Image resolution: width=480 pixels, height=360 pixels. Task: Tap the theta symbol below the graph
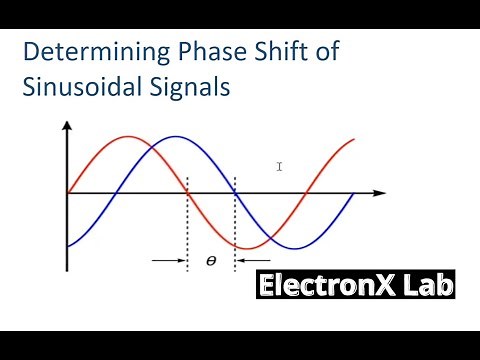coord(211,261)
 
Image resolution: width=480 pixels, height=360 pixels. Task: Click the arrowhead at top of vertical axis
coord(67,127)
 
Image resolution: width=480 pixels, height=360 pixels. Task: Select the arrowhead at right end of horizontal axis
coord(381,192)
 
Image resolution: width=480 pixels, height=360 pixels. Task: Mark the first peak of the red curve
coord(127,136)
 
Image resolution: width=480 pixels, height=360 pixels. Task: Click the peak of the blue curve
coord(174,136)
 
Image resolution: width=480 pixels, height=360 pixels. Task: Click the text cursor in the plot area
coord(280,166)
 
